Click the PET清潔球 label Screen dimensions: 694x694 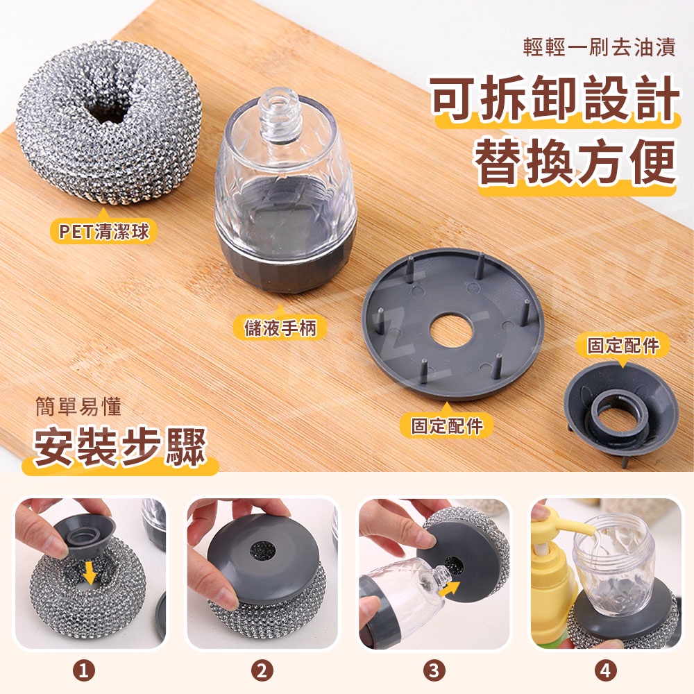coord(104,231)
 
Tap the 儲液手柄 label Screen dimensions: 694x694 coord(280,328)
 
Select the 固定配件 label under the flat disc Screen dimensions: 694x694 coord(446,426)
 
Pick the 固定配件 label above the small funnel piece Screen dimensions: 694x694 coord(623,345)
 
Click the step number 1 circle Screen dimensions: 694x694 coord(84,670)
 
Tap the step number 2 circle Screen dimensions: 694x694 coord(262,670)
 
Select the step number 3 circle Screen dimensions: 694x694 coord(434,670)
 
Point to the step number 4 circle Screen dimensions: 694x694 coord(605,670)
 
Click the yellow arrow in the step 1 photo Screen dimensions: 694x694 coord(90,573)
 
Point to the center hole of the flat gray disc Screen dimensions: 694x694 coord(452,332)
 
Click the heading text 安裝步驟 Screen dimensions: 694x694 coord(120,447)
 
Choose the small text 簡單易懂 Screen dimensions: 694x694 coord(78,407)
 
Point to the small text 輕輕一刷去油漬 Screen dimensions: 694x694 coord(599,47)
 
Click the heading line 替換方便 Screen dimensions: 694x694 coord(575,161)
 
